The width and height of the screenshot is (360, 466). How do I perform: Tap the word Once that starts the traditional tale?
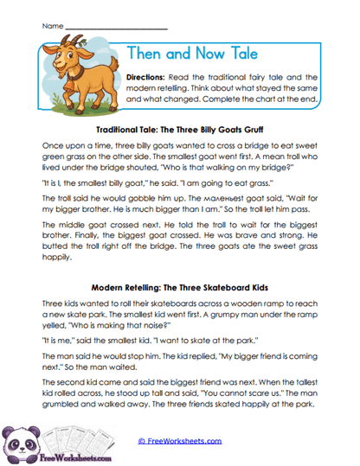54,147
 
